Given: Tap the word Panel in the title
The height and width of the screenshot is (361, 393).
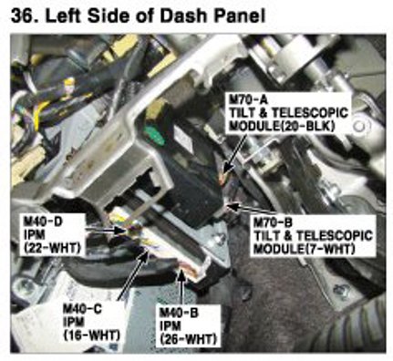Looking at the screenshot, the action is [240, 16].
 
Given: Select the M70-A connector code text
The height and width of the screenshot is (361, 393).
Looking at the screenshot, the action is [248, 99].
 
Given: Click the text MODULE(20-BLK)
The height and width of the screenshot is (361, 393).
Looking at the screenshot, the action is [282, 126].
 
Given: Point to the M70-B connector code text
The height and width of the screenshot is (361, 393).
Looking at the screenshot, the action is [273, 222].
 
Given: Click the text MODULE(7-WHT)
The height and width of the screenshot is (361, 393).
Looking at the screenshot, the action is [305, 249].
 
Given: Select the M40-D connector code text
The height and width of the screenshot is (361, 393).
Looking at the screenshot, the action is [43, 222].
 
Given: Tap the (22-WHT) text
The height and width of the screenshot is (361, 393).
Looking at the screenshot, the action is [52, 248].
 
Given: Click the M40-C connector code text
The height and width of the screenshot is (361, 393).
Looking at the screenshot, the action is [82, 309].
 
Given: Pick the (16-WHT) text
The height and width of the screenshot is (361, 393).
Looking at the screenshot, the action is [91, 335].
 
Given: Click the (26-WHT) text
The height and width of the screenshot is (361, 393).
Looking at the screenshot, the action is [188, 338].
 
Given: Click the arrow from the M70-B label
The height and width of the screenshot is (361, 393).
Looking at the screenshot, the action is [243, 210].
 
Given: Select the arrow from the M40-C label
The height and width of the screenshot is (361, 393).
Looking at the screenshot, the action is [133, 275].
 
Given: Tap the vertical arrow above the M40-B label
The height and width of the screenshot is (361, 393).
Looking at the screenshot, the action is [181, 288].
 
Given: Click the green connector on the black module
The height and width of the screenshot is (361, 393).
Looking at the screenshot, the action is [154, 136].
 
